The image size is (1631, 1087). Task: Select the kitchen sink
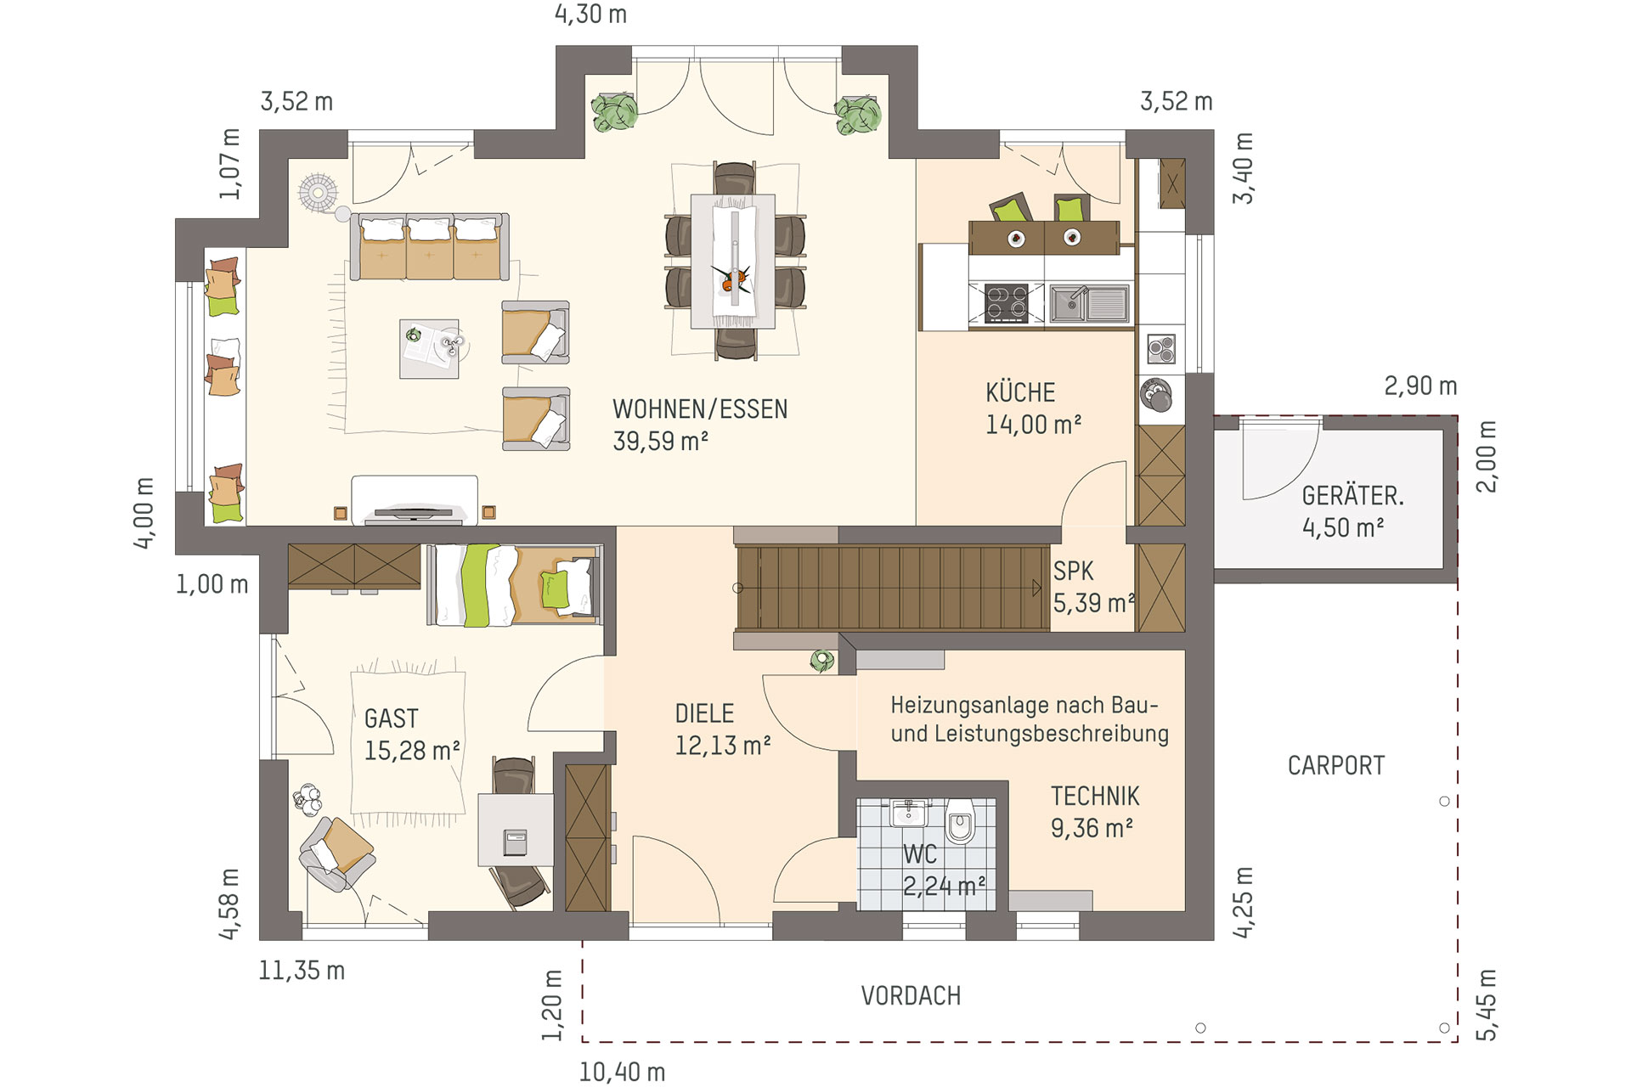coord(1089,303)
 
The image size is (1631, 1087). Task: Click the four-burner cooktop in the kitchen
coord(1006,303)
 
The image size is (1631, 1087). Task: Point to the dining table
coord(732,261)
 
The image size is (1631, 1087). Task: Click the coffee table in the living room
coord(429,348)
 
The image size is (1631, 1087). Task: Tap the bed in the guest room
coord(515,585)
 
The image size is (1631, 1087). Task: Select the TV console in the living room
coord(415,500)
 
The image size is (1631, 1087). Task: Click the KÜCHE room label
coord(1020,392)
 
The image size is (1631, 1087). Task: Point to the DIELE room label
coord(704,713)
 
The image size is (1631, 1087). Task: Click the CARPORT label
coord(1335,765)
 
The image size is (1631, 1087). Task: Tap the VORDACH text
coord(911,995)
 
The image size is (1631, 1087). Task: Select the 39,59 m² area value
coord(661,441)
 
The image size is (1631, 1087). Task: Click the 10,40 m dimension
coord(622,1072)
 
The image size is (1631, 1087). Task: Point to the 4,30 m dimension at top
coord(590,14)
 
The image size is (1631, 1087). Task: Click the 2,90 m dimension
coord(1420,386)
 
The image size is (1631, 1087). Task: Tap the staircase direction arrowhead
coord(1036,588)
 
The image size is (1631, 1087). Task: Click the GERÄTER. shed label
coord(1352,495)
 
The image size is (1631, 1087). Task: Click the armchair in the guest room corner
coord(337,853)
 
